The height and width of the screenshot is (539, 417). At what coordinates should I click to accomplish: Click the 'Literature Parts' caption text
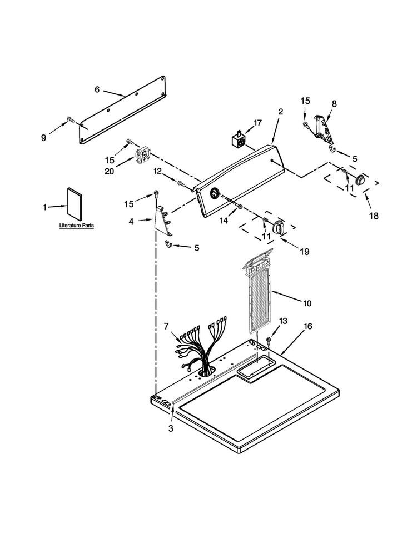click(76, 226)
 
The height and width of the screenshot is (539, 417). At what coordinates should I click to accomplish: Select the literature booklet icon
click(75, 204)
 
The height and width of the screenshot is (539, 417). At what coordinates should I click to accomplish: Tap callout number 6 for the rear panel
click(97, 89)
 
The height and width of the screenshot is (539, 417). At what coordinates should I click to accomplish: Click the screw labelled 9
click(71, 119)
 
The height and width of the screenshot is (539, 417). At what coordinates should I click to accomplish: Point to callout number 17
click(257, 123)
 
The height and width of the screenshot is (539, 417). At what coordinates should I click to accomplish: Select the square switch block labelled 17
click(239, 139)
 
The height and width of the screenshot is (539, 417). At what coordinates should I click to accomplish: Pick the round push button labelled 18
click(360, 179)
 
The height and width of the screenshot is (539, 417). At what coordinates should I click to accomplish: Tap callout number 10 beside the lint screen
click(307, 303)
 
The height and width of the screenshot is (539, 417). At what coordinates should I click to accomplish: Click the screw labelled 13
click(269, 340)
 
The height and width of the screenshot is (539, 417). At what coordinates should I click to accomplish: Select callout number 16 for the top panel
click(307, 326)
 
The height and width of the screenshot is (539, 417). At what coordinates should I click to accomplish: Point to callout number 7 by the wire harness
click(167, 326)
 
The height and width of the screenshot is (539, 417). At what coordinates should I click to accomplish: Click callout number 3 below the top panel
click(171, 428)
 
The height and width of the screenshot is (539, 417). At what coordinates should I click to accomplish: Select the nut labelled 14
click(240, 207)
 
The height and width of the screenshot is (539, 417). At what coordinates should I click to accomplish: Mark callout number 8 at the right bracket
click(334, 103)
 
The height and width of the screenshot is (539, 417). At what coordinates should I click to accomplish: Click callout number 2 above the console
click(281, 112)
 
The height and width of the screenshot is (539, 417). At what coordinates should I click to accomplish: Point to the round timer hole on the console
click(215, 193)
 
